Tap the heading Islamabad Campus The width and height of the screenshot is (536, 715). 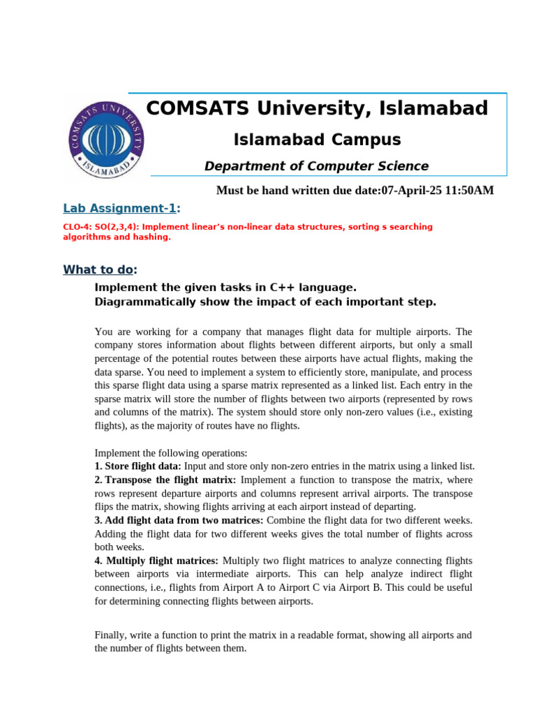[316, 140]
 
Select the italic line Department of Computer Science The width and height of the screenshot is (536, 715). [316, 166]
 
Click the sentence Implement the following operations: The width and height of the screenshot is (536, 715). [170, 452]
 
